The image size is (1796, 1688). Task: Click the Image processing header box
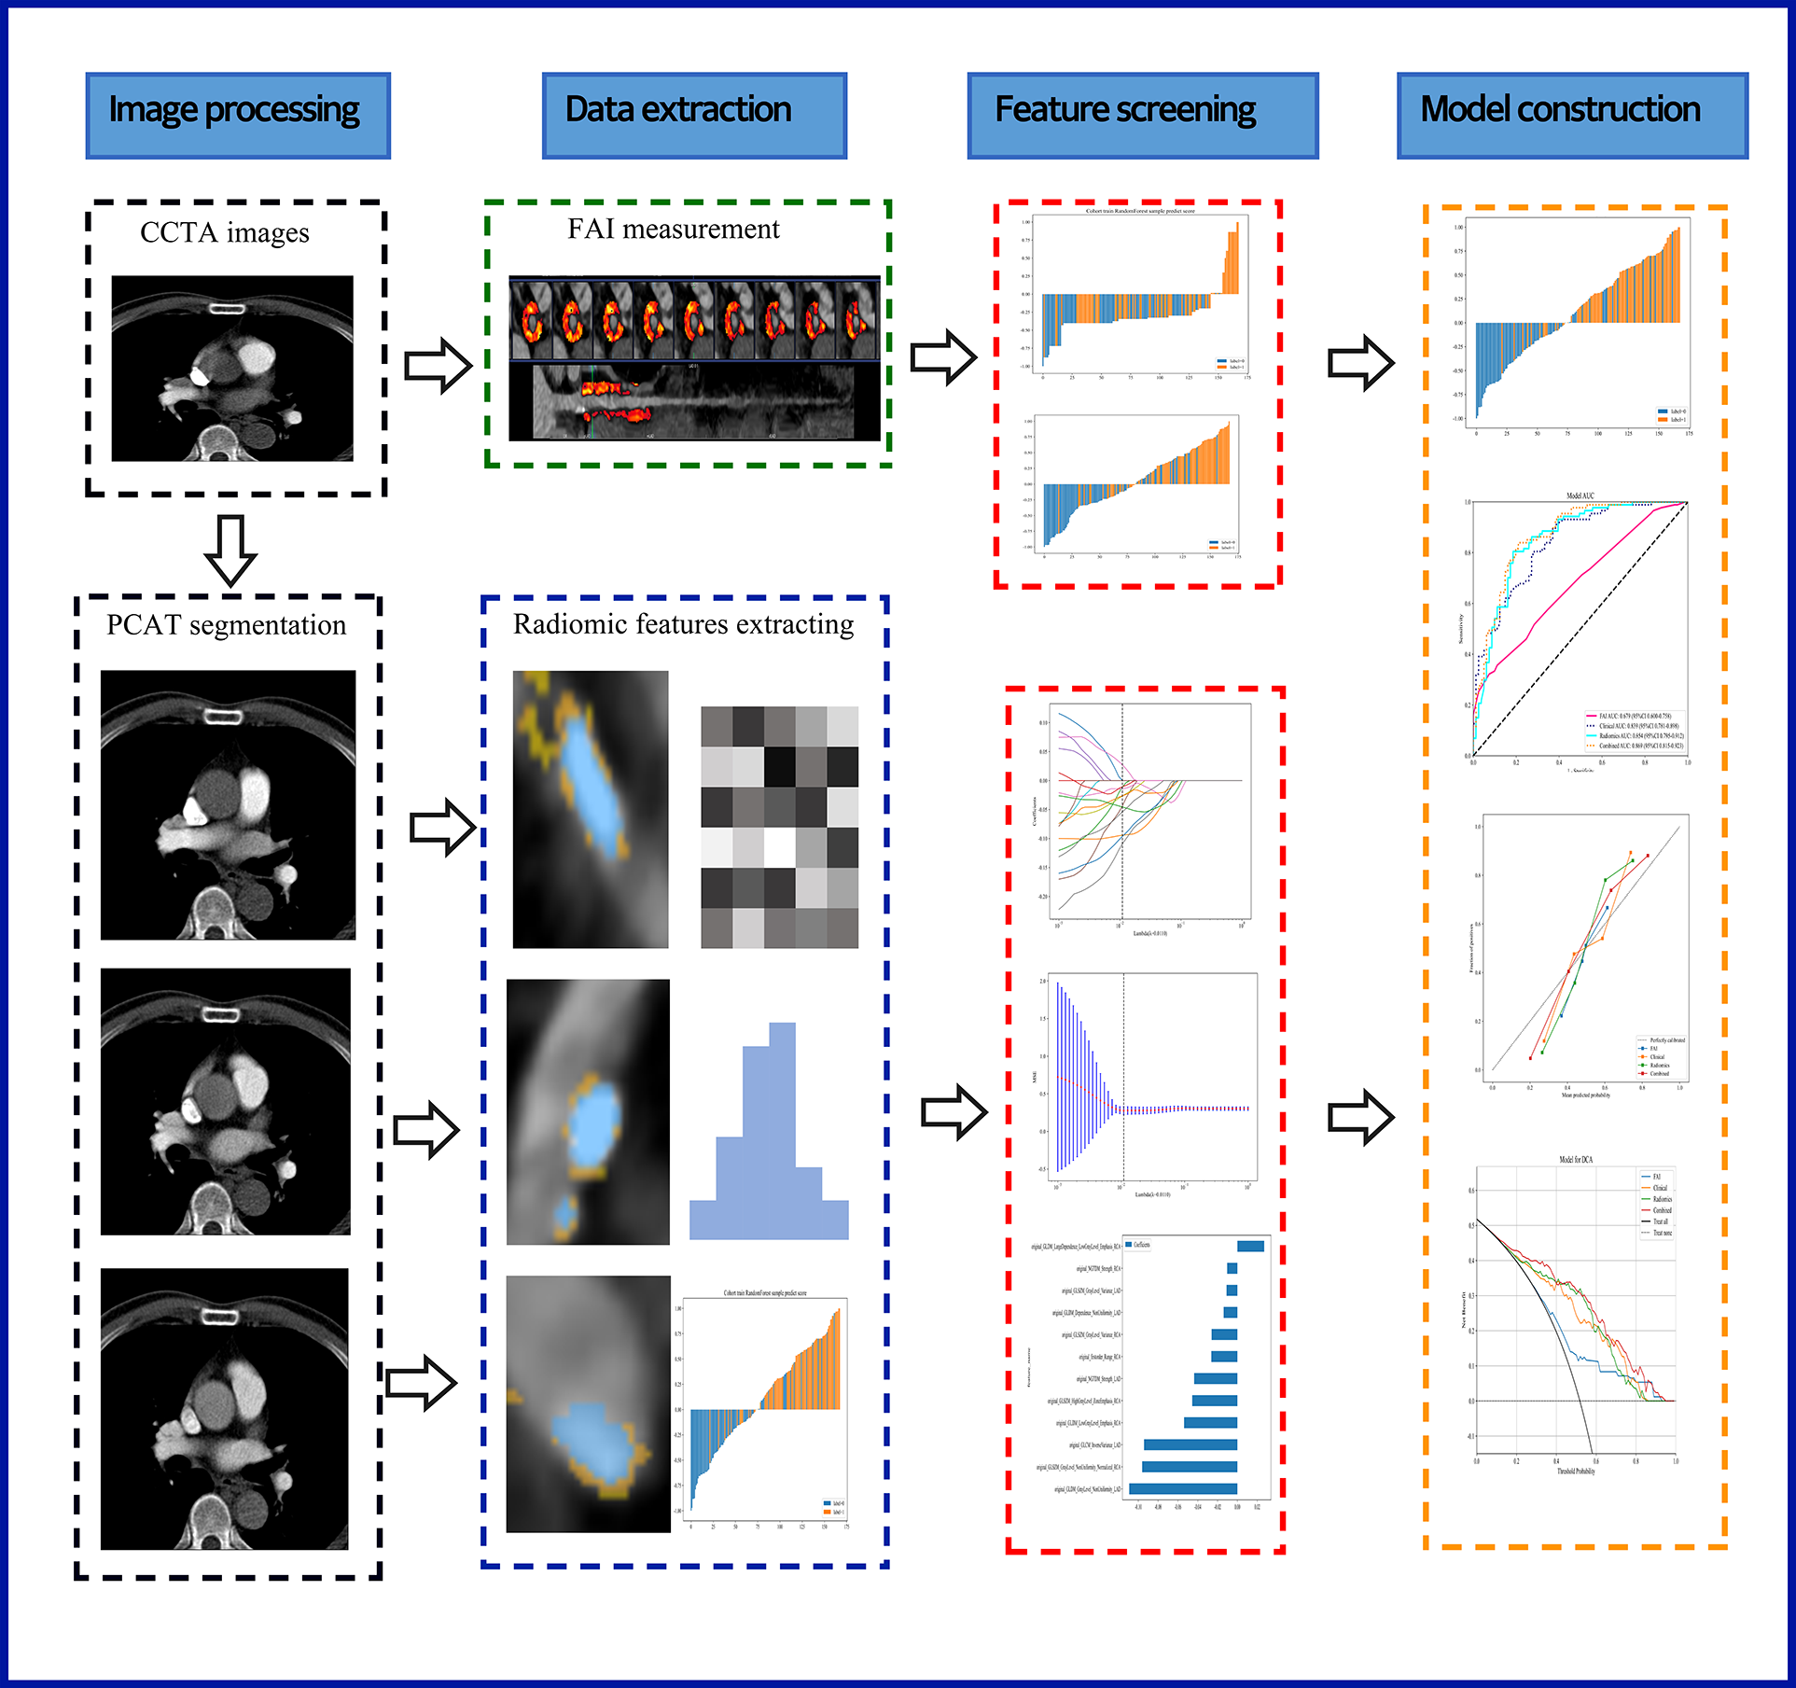click(237, 115)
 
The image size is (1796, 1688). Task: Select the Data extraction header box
click(694, 115)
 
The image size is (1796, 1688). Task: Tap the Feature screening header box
click(1142, 115)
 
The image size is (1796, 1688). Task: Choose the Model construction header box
click(1571, 115)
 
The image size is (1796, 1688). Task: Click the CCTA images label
click(224, 232)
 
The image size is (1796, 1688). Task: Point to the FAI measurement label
click(673, 229)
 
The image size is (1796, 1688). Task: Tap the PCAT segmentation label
click(226, 624)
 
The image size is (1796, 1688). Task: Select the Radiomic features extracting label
click(683, 623)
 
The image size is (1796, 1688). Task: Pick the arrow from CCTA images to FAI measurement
click(437, 364)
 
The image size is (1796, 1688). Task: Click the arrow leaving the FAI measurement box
click(942, 356)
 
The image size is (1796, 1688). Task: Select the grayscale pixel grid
click(779, 827)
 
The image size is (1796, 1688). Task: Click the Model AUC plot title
click(1580, 495)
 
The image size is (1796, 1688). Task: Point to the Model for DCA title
click(1576, 1160)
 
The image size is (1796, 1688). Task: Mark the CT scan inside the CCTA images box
click(232, 368)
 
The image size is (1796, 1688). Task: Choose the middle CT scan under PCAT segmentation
click(226, 1101)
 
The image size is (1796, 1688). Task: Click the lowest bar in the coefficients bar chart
click(1183, 1489)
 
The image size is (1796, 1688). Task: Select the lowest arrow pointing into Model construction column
click(1360, 1116)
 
